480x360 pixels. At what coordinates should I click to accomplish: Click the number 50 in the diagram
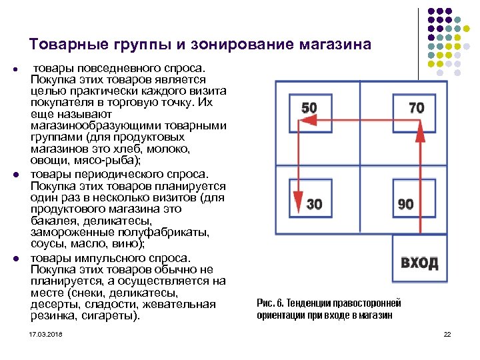[309, 108]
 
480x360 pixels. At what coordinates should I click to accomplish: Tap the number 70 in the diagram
[416, 108]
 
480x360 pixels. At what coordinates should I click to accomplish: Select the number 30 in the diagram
[313, 203]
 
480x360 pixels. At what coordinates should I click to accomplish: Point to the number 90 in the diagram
[405, 204]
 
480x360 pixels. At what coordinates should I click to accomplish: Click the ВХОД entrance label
[419, 261]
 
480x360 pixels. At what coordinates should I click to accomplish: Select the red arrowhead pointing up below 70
[420, 133]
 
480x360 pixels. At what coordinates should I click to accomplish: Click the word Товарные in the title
[61, 45]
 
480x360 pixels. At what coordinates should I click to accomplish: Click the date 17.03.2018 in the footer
[45, 333]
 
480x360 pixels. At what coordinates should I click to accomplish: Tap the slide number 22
[447, 333]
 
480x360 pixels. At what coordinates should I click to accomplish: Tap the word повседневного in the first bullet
[101, 69]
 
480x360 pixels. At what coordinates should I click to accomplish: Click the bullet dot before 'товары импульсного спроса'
[14, 258]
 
